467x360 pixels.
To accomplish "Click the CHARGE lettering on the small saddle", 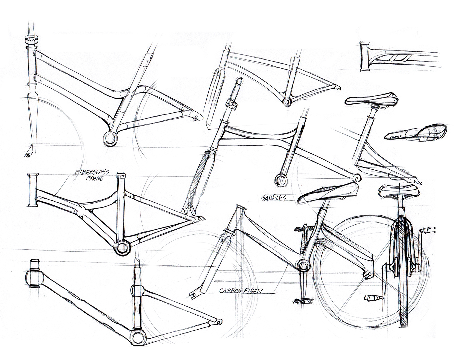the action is (396, 136).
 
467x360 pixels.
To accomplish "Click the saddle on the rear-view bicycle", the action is (399, 191).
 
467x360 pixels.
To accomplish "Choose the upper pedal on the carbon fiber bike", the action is (302, 229).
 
